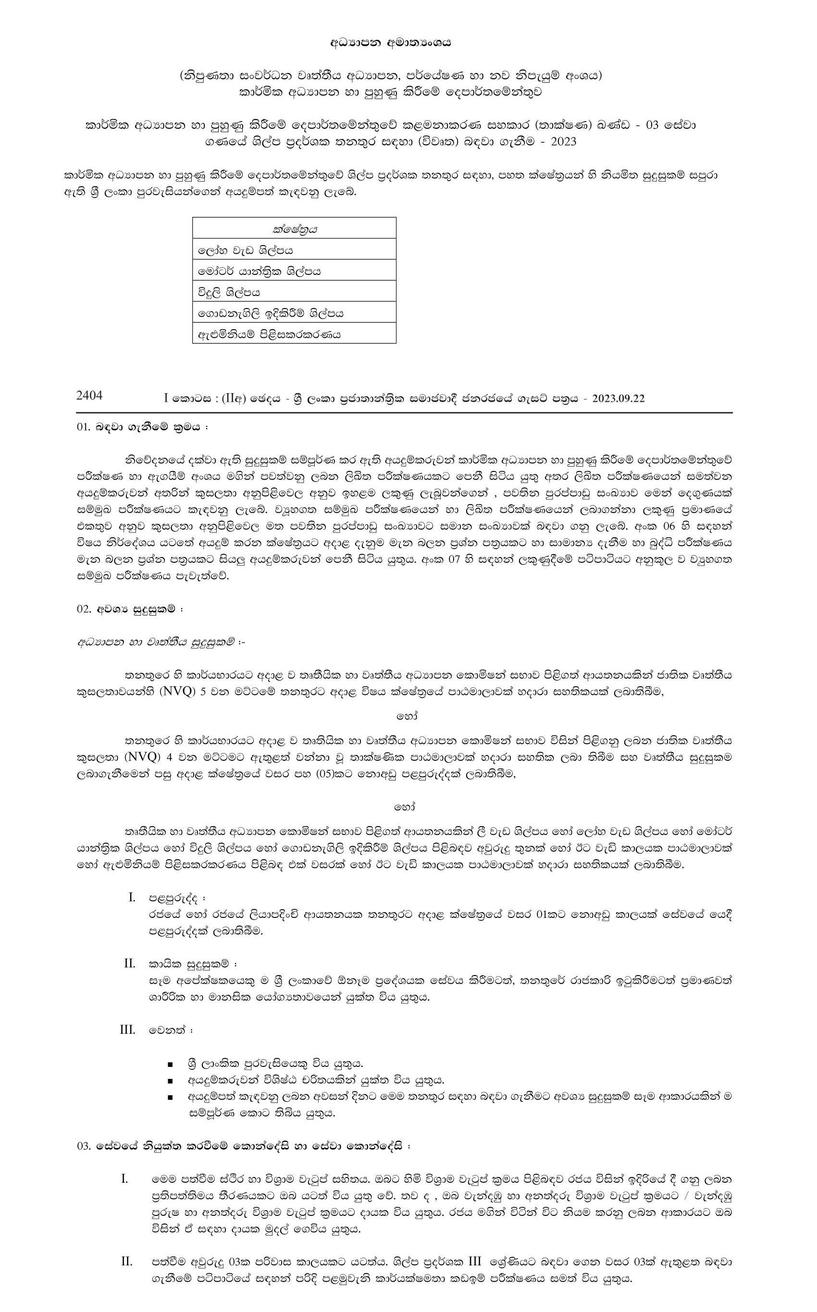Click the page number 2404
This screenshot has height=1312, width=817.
click(x=89, y=396)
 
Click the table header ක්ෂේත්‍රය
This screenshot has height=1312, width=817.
click(x=295, y=229)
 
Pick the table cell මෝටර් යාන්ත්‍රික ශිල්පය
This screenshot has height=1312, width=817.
click(x=260, y=271)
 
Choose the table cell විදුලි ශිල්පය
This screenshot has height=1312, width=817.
click(x=229, y=292)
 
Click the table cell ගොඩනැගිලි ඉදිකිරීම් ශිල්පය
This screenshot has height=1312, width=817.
click(x=271, y=313)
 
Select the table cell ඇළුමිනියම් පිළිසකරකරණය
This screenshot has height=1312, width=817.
click(x=269, y=334)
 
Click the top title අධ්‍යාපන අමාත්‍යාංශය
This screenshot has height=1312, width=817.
click(x=390, y=43)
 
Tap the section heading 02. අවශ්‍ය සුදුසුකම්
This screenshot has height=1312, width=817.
click(x=130, y=609)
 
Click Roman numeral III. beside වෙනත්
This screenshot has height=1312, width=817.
click(x=127, y=1029)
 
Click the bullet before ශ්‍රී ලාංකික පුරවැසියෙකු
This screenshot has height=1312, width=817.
click(x=170, y=1064)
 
